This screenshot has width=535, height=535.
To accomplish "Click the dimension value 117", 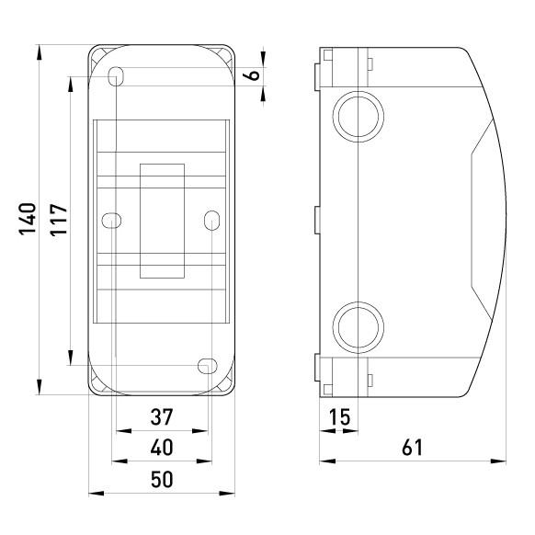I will [x=59, y=221].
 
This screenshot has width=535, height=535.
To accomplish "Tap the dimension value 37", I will [x=161, y=417].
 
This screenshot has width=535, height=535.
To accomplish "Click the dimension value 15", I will [x=339, y=417].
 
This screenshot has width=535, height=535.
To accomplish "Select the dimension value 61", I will [x=413, y=448].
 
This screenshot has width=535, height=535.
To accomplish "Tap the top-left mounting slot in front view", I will [x=116, y=75].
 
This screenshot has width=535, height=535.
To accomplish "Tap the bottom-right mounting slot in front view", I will [x=207, y=365].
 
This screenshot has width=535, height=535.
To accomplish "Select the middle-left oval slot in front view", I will [x=111, y=220].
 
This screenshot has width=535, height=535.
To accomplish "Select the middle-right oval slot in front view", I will [x=211, y=220].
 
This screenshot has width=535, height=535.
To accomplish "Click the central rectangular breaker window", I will [x=162, y=220].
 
